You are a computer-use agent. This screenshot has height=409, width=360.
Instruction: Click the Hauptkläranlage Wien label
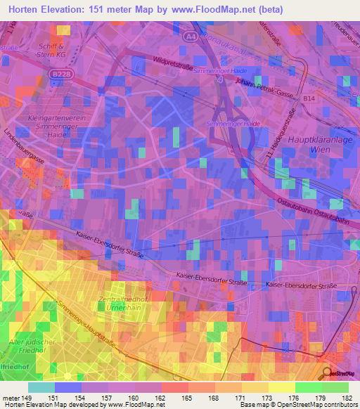click(315, 145)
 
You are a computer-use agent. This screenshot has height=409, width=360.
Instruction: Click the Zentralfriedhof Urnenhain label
click(122, 305)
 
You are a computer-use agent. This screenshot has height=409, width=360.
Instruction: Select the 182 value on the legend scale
click(347, 398)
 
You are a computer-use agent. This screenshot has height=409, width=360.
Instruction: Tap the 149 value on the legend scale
click(26, 398)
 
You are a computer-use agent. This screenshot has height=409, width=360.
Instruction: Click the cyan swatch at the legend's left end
click(41, 387)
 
